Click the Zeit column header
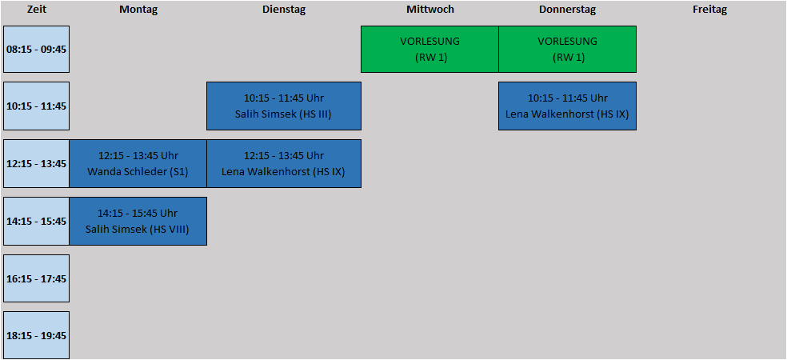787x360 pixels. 37,9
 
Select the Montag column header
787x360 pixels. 138,9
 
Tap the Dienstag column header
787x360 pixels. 284,9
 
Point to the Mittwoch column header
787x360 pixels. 430,9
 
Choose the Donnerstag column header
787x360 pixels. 568,9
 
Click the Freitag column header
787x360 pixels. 709,9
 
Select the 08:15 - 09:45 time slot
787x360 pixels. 36,50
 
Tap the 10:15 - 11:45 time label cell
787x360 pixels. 36,106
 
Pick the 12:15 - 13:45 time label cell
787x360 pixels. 36,164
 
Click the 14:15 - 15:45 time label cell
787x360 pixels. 36,221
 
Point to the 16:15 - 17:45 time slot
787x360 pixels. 36,278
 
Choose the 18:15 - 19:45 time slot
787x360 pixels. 36,335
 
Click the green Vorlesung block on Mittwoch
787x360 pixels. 429,50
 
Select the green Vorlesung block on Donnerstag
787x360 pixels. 568,50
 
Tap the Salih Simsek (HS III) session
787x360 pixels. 284,106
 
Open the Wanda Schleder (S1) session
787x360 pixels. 138,164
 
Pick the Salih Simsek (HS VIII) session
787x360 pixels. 138,221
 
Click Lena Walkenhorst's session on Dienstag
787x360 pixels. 284,164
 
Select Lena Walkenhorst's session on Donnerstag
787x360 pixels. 568,106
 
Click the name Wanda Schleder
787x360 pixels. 127,172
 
